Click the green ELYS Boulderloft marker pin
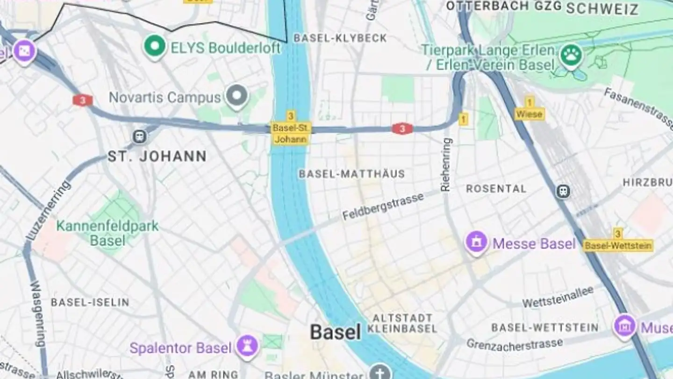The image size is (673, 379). (x=155, y=46)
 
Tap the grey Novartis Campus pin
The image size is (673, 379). (x=236, y=95)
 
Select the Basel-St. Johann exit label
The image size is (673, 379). (x=291, y=133)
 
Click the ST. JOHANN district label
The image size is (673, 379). (x=157, y=156)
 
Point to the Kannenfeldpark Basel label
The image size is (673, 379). (x=107, y=233)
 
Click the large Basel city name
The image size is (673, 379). (x=336, y=332)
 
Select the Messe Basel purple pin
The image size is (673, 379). (x=476, y=242)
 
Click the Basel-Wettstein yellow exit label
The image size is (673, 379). (x=618, y=245)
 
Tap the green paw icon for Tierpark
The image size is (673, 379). (x=571, y=55)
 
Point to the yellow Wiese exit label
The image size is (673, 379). (x=530, y=114)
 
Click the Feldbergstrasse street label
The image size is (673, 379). (x=383, y=206)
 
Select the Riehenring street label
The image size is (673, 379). (x=446, y=164)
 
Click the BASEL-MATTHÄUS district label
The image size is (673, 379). (x=351, y=174)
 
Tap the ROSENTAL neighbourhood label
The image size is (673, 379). (x=496, y=189)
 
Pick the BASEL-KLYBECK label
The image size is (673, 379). (x=340, y=38)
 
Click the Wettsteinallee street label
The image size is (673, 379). (x=558, y=297)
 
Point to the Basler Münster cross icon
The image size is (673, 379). (x=381, y=372)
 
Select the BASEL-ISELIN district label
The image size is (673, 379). (x=90, y=302)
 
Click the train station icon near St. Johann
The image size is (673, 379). (x=139, y=136)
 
